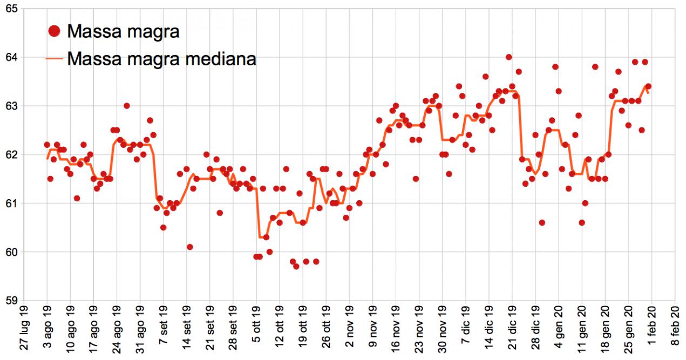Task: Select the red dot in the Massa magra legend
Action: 54,31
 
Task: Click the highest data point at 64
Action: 508,57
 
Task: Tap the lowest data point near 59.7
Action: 296,266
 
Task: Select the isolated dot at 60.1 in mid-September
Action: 189,247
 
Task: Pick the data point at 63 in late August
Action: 126,106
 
